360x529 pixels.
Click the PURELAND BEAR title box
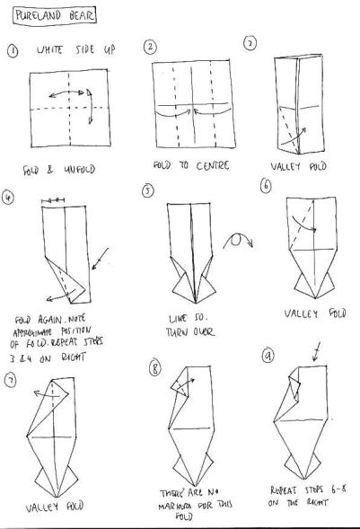(x=44, y=15)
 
